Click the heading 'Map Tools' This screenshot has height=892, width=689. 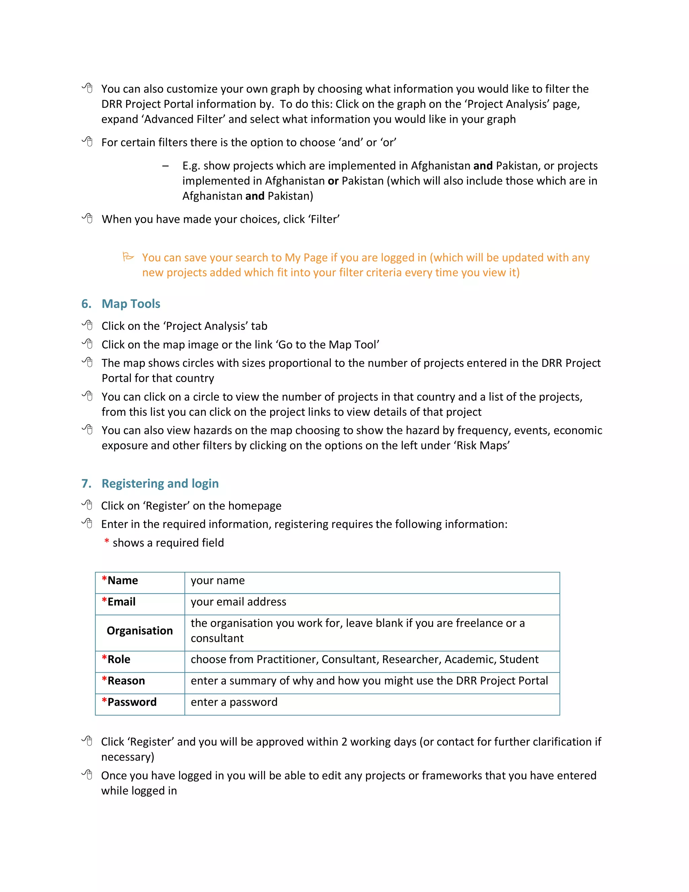pyautogui.click(x=131, y=304)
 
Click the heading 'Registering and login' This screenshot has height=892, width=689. pyautogui.click(x=160, y=484)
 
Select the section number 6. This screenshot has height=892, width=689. pyautogui.click(x=86, y=304)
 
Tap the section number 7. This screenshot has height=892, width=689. pyautogui.click(x=86, y=484)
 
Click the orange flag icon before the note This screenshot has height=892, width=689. pyautogui.click(x=128, y=257)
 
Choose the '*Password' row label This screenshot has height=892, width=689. pyautogui.click(x=129, y=702)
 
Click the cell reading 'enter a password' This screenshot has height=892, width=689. pyautogui.click(x=234, y=702)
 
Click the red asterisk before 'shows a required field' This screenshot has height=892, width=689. pyautogui.click(x=107, y=542)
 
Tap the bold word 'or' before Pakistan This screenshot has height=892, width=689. pyautogui.click(x=333, y=181)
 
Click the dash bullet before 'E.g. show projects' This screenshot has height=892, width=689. pyautogui.click(x=165, y=166)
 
